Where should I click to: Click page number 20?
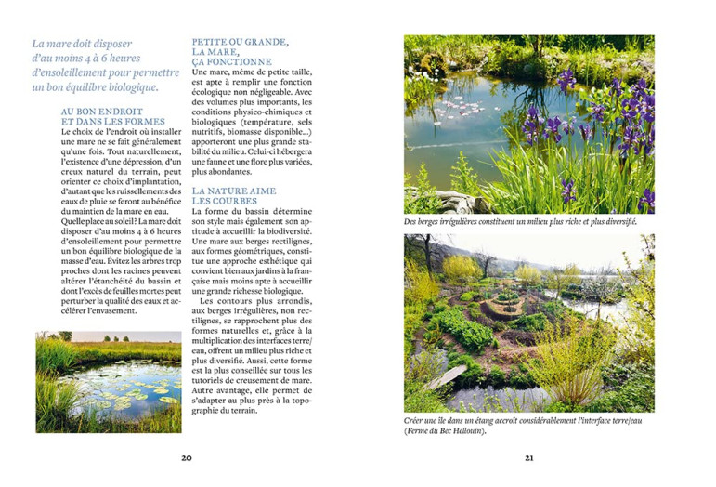(186, 458)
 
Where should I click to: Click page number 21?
(529, 458)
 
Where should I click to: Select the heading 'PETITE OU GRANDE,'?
(240, 42)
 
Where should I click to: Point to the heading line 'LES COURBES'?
(219, 201)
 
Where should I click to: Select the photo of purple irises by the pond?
(528, 125)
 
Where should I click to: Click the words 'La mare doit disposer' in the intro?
(82, 44)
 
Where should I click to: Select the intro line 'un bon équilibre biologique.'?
(95, 87)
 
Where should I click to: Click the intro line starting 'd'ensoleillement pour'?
(105, 72)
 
